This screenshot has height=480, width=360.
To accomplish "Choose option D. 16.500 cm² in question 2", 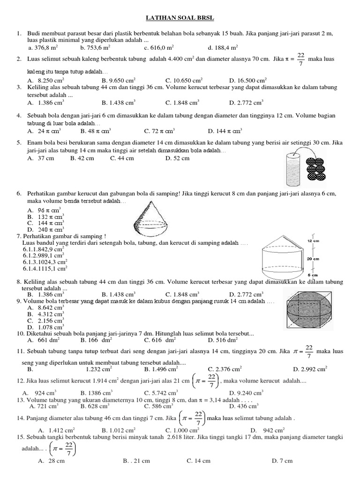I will [247, 80].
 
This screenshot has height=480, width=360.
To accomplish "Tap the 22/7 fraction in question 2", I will [300, 59].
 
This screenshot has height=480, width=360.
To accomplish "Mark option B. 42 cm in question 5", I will [82, 158].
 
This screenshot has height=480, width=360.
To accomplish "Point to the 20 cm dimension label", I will [313, 258].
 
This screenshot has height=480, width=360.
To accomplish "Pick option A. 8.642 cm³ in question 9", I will [45, 307].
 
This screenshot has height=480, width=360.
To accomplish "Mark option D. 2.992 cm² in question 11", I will [310, 369].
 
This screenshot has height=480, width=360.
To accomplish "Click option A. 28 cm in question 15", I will [51, 461].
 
